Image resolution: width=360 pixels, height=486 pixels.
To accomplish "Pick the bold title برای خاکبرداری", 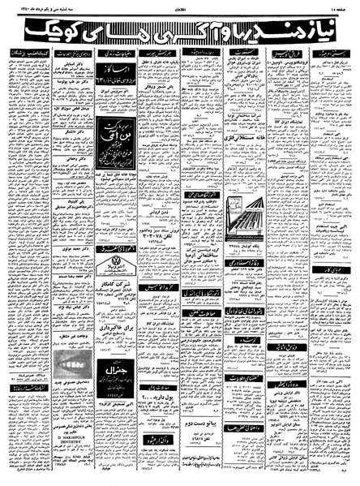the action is tap(115, 330).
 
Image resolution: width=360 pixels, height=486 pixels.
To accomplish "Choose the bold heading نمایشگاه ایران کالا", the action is tap(295, 135).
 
